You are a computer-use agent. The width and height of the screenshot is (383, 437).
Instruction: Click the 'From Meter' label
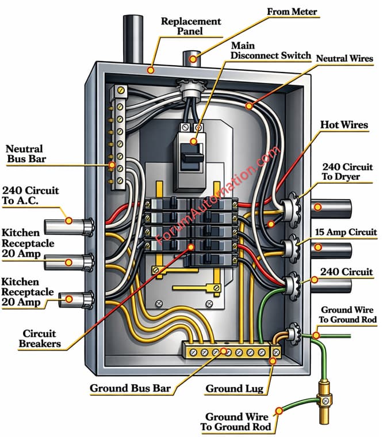(x=292, y=12)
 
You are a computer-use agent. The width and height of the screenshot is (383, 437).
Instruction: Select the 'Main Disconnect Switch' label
(x=271, y=51)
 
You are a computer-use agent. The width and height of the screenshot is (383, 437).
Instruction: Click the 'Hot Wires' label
(x=344, y=125)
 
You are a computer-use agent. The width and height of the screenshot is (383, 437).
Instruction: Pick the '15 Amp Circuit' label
(x=346, y=232)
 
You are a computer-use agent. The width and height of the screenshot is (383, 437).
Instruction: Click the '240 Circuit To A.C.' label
(x=30, y=196)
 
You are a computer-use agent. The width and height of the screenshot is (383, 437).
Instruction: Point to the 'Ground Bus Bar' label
(x=130, y=388)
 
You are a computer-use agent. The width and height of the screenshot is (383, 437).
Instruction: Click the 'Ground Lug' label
(x=234, y=389)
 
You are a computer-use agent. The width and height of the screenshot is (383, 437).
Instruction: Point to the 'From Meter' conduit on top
(x=191, y=58)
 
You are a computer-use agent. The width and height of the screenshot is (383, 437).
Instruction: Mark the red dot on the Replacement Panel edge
(x=151, y=70)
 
